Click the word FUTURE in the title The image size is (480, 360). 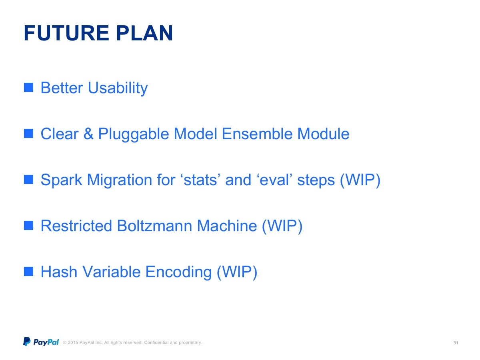pos(66,33)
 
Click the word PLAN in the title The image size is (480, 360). pos(144,33)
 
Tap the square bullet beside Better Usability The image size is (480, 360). pos(28,88)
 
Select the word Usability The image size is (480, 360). pos(118,88)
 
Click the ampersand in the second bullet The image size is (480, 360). pos(88,134)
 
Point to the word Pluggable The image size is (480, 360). pos(133,134)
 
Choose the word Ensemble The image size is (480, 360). pos(257,134)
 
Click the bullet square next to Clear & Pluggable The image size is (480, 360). pos(28,134)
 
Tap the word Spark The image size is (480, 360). pos(61,180)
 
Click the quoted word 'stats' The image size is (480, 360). pos(200,180)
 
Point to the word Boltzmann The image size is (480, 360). pos(154,226)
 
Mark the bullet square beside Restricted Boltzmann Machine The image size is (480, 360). pos(28,226)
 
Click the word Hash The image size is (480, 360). pos(59,272)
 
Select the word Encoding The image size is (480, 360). pos(178,272)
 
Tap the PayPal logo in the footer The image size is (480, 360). pos(41,342)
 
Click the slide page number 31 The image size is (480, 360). pos(456,343)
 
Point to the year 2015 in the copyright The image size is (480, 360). pos(73,342)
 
